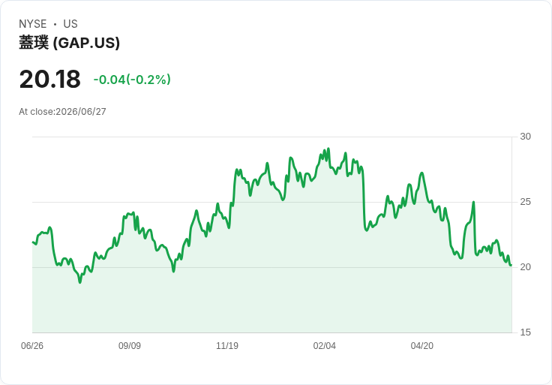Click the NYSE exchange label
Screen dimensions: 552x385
point(33,24)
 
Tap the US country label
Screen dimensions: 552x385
point(70,24)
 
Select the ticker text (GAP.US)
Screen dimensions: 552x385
point(86,43)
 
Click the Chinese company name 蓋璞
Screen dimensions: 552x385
point(34,43)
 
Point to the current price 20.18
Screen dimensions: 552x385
point(50,79)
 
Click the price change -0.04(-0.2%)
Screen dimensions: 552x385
point(132,80)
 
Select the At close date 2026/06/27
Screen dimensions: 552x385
point(81,112)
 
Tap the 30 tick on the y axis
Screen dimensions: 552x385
point(525,137)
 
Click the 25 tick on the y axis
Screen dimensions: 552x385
point(525,202)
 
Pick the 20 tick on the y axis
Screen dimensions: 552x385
point(525,267)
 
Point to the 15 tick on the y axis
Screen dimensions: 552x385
point(525,332)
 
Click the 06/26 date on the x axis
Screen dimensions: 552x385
point(32,346)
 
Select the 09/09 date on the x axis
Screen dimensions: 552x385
point(130,346)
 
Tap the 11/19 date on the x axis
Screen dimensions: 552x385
point(227,346)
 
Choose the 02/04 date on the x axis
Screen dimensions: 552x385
point(325,346)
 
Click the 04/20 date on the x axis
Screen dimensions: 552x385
point(422,346)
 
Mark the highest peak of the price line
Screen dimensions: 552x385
point(328,149)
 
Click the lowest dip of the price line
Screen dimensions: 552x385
point(80,282)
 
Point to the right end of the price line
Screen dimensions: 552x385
point(511,265)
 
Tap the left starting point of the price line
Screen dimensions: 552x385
point(33,242)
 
